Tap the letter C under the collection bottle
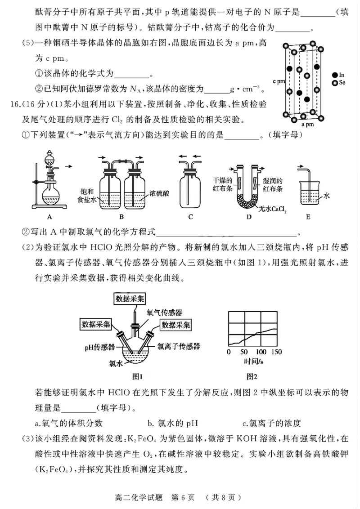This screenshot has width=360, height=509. tap(190, 217)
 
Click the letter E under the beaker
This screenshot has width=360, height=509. tap(308, 217)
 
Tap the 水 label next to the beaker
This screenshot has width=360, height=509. tap(327, 196)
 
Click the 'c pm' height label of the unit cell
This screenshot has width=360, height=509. tap(279, 81)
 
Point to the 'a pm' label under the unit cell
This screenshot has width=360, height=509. tap(307, 124)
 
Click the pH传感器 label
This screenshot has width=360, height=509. tap(101, 347)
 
